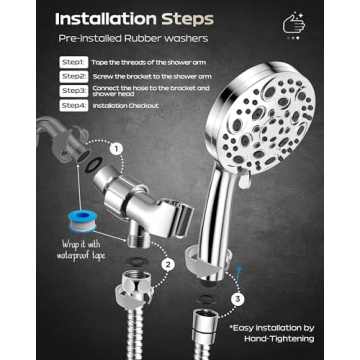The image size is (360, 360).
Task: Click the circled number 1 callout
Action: [x=115, y=147]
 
